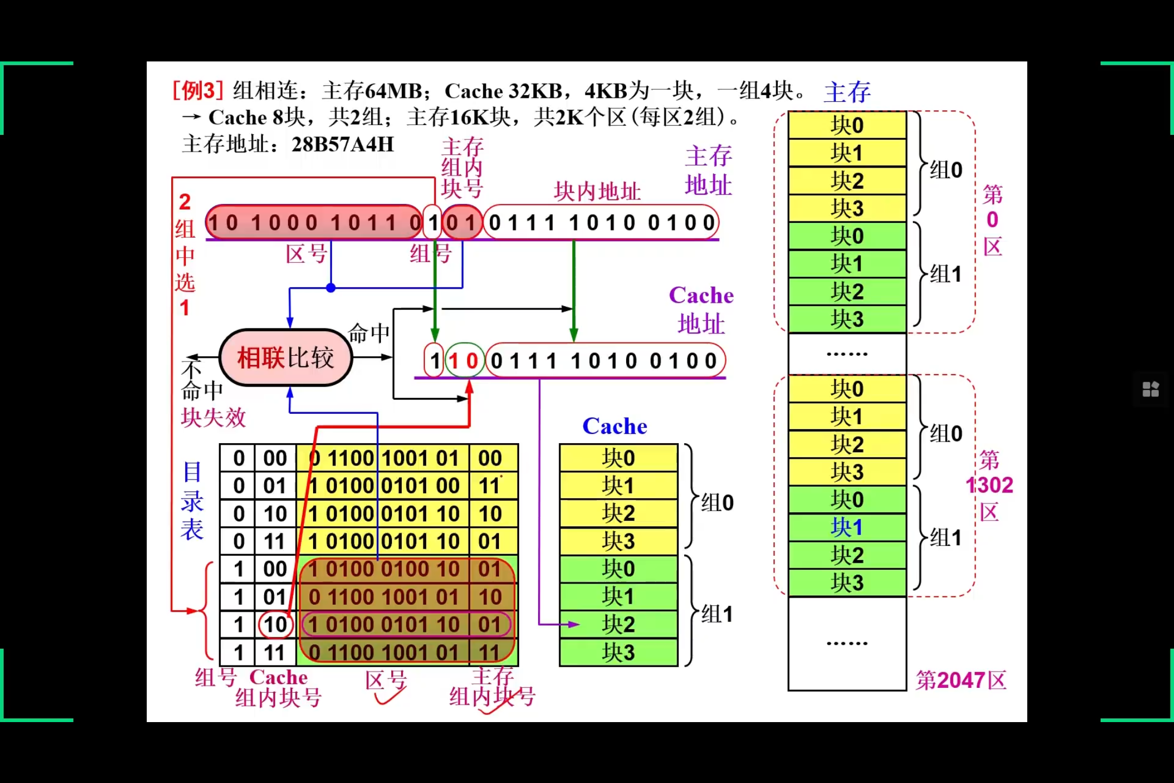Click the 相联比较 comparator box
pos(285,358)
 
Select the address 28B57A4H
pos(342,145)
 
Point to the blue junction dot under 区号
pos(330,288)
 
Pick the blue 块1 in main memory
pos(846,527)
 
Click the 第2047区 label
pos(960,680)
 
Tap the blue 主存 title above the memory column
pos(847,92)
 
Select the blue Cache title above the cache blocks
pos(615,426)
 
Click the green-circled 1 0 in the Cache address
pos(464,361)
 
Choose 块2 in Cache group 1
pos(619,624)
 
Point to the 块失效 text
pos(213,418)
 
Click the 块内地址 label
pos(597,191)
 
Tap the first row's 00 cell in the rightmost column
pos(490,458)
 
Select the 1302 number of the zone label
pos(990,485)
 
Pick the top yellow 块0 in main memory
pos(846,125)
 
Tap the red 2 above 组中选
pos(185,202)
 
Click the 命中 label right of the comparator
pos(369,333)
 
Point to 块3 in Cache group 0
pos(619,541)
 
